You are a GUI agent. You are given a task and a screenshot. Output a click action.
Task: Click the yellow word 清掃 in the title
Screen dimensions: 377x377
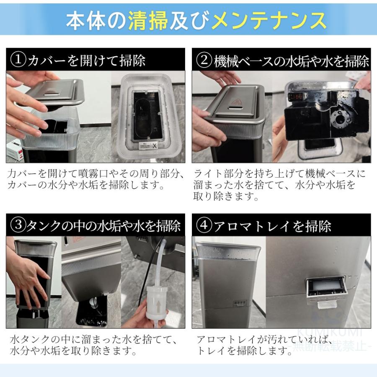point(148,20)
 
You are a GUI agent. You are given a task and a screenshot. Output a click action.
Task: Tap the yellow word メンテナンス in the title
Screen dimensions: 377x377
point(269,20)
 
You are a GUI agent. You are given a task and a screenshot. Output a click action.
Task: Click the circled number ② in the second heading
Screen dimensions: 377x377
point(204,60)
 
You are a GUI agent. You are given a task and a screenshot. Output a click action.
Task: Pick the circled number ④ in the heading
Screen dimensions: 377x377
point(204,225)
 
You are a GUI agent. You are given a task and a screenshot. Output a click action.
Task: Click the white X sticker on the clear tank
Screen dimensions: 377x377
point(154,146)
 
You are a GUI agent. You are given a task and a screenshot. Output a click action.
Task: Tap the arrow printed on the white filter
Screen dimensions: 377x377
point(159,307)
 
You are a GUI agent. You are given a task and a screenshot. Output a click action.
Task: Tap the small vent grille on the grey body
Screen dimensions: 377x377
point(240,303)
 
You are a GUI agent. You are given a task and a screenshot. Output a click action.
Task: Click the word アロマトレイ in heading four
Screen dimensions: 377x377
point(252,226)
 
